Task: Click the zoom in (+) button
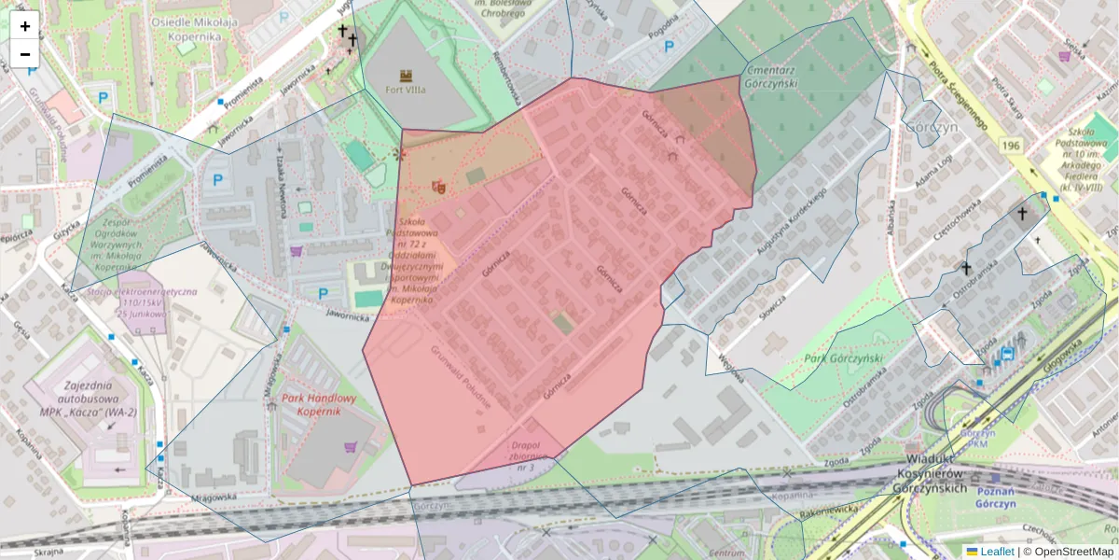[25, 26]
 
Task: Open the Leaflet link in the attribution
[996, 552]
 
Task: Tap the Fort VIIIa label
[406, 91]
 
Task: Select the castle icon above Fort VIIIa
[406, 75]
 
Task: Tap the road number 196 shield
[1012, 146]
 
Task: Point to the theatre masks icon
[438, 187]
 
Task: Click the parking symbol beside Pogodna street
[670, 46]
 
